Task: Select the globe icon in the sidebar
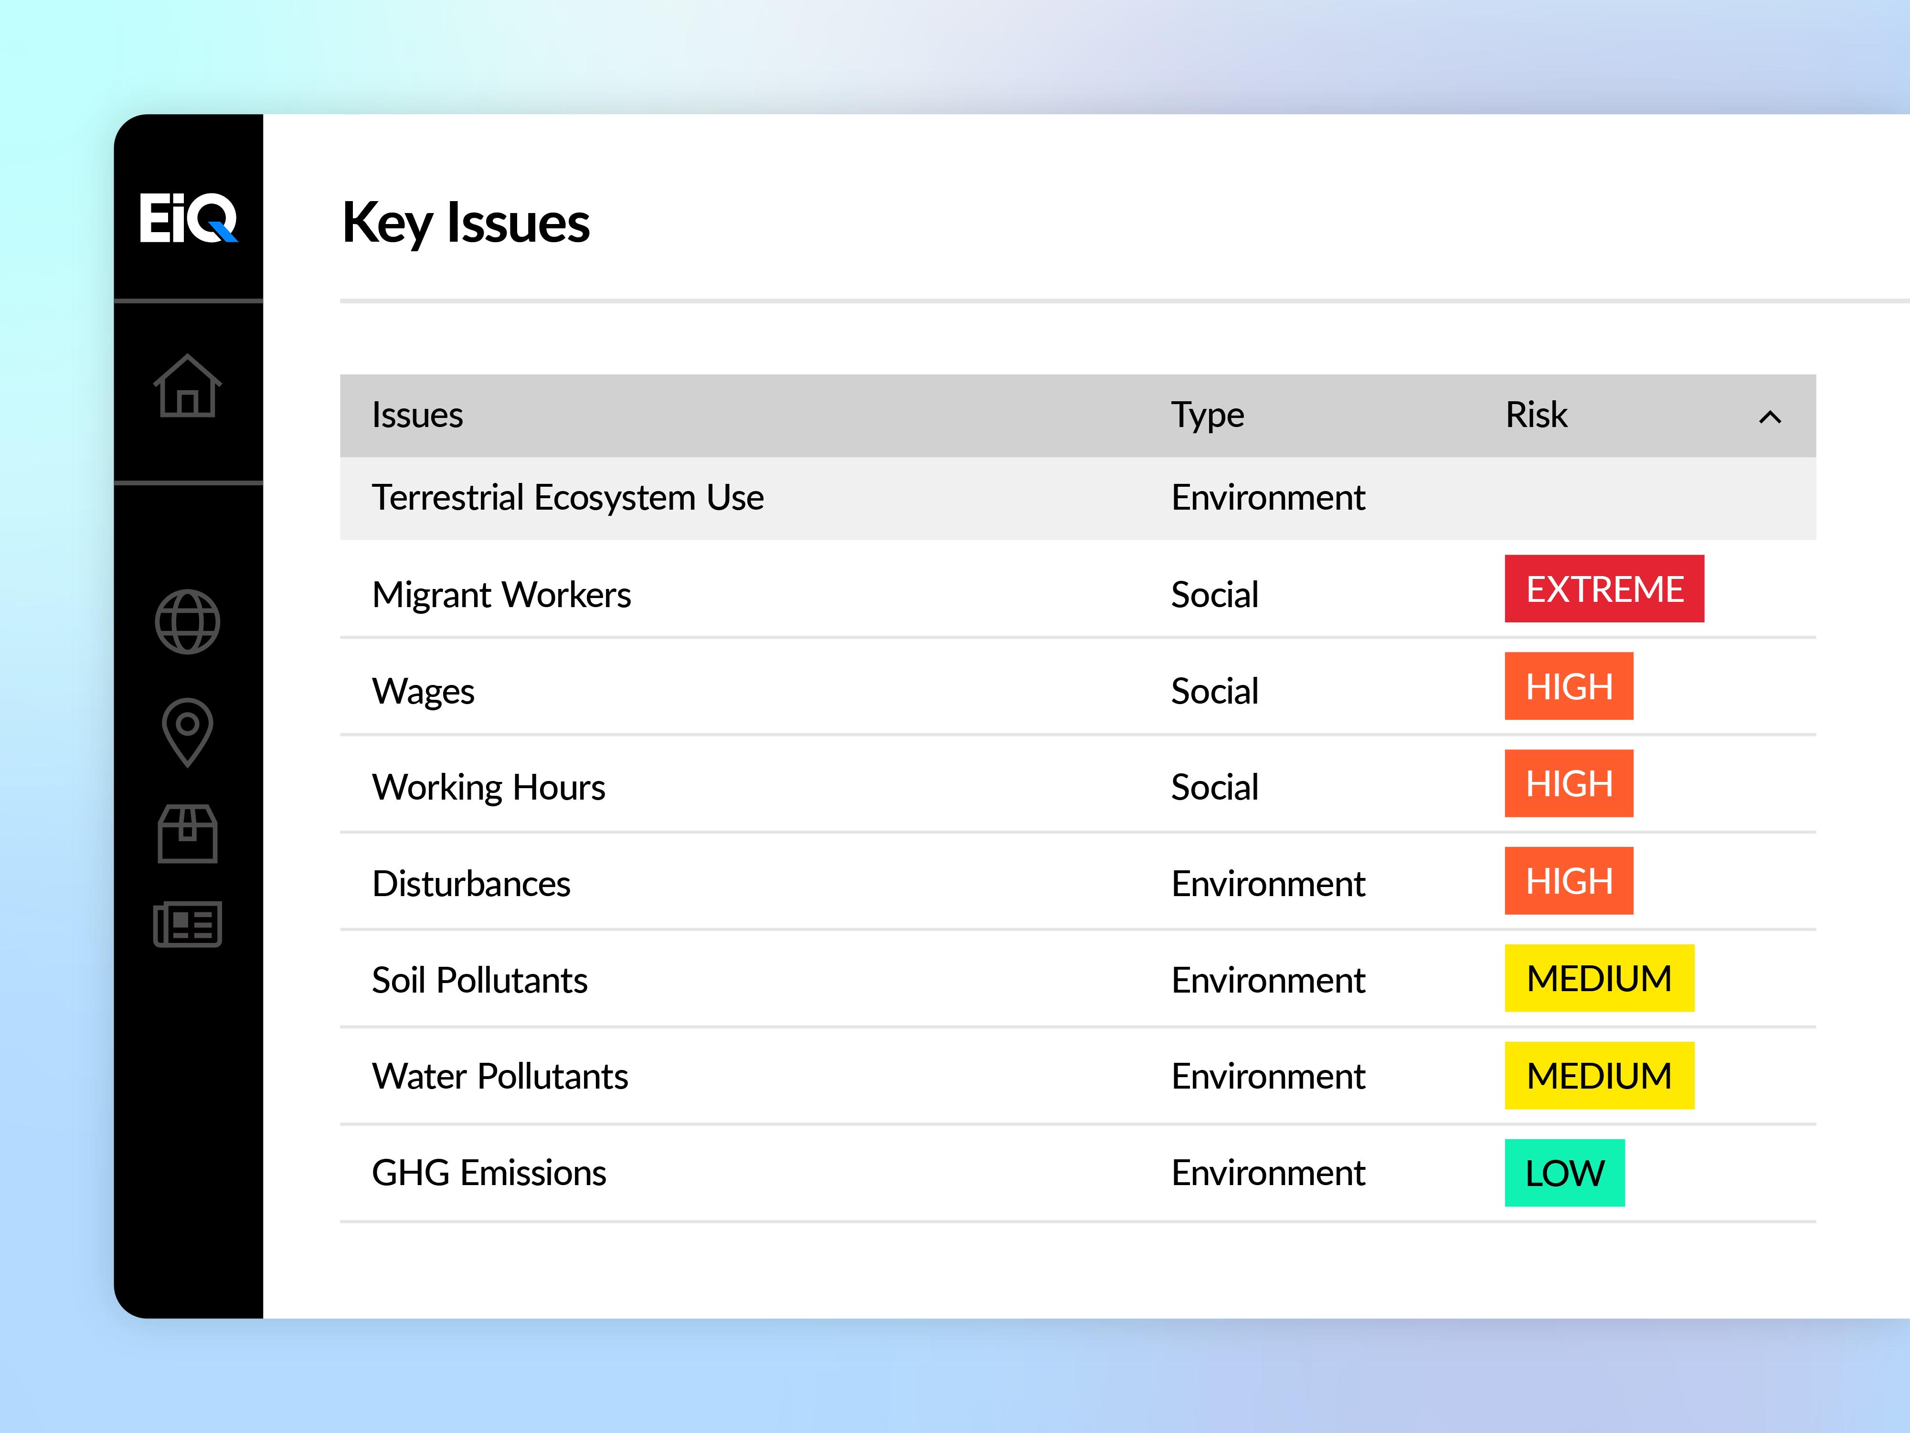(187, 622)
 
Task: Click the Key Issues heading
(466, 223)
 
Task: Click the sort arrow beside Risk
(1770, 417)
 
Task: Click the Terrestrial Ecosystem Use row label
(567, 498)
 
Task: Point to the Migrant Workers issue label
(501, 595)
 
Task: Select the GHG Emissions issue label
(489, 1173)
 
